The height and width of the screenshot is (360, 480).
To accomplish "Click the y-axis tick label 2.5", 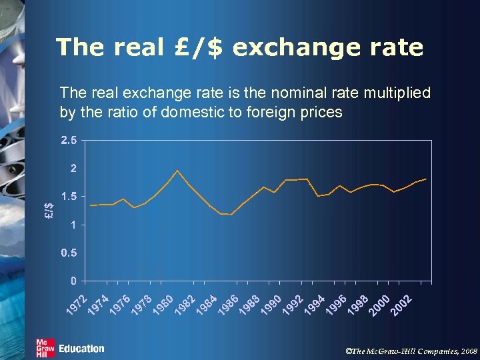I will click(x=69, y=141).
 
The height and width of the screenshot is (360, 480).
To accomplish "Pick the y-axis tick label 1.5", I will click(x=69, y=197).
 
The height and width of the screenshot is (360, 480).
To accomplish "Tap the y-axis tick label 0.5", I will click(x=69, y=253).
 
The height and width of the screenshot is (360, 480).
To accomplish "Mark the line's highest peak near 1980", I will click(x=177, y=171).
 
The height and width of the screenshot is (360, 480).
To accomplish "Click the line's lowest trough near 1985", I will click(x=231, y=215).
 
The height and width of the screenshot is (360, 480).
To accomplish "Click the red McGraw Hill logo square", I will click(x=45, y=348).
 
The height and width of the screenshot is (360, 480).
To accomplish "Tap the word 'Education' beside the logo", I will click(x=81, y=349).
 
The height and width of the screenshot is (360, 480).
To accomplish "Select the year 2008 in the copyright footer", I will click(x=469, y=349).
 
